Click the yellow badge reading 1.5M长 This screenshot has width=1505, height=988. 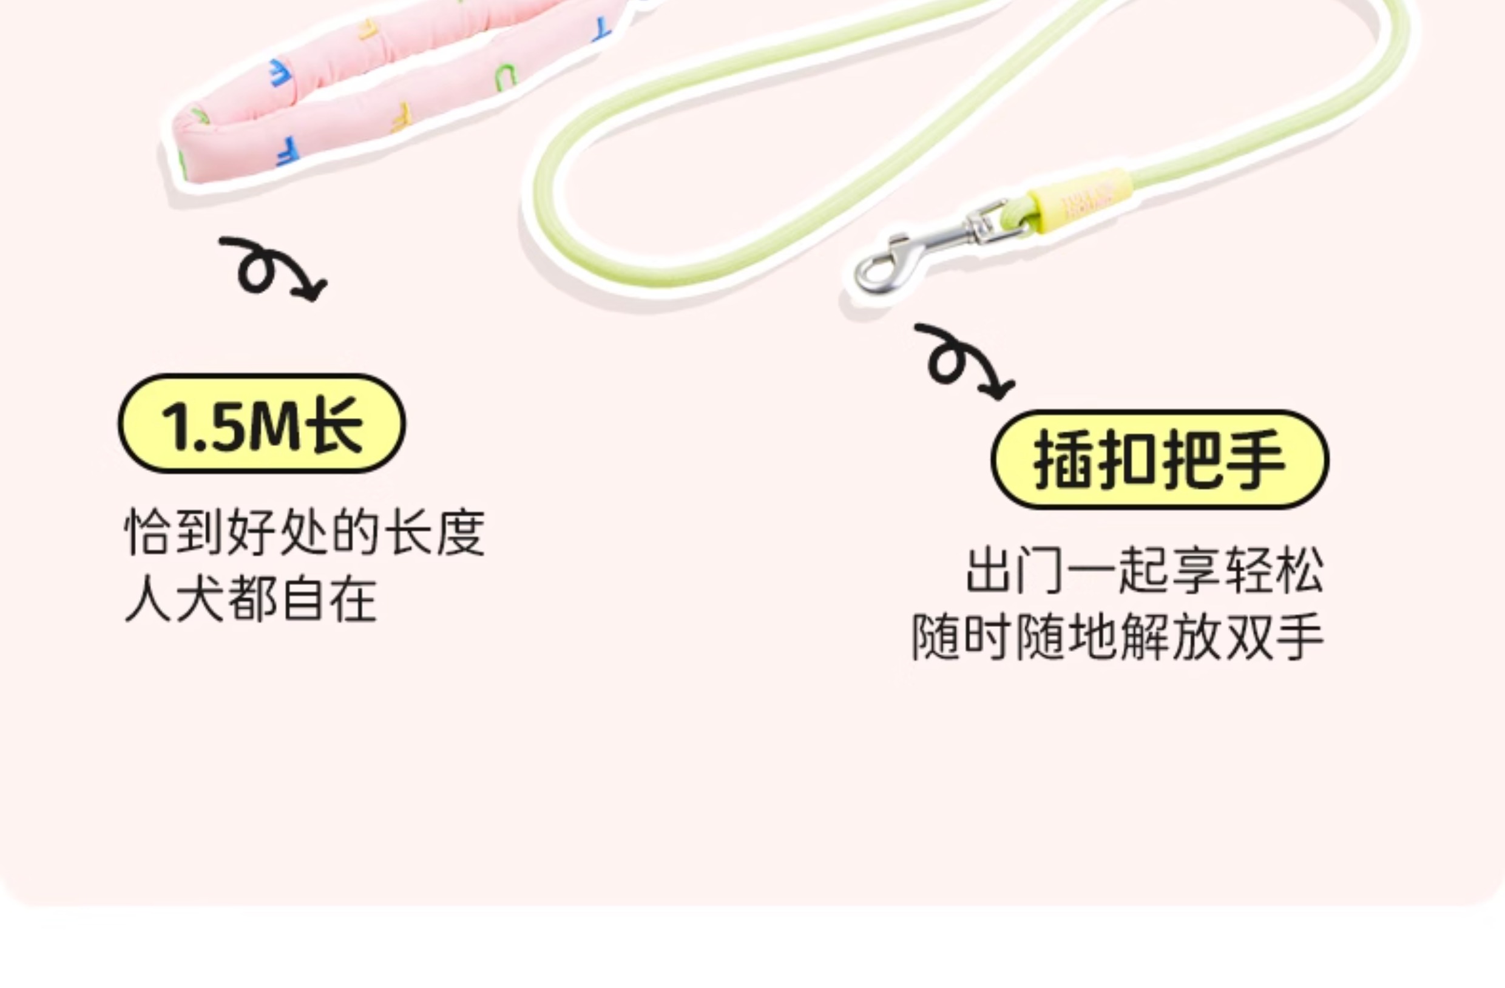262,423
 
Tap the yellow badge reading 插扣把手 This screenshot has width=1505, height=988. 1160,459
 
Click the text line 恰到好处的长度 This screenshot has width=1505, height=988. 305,533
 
